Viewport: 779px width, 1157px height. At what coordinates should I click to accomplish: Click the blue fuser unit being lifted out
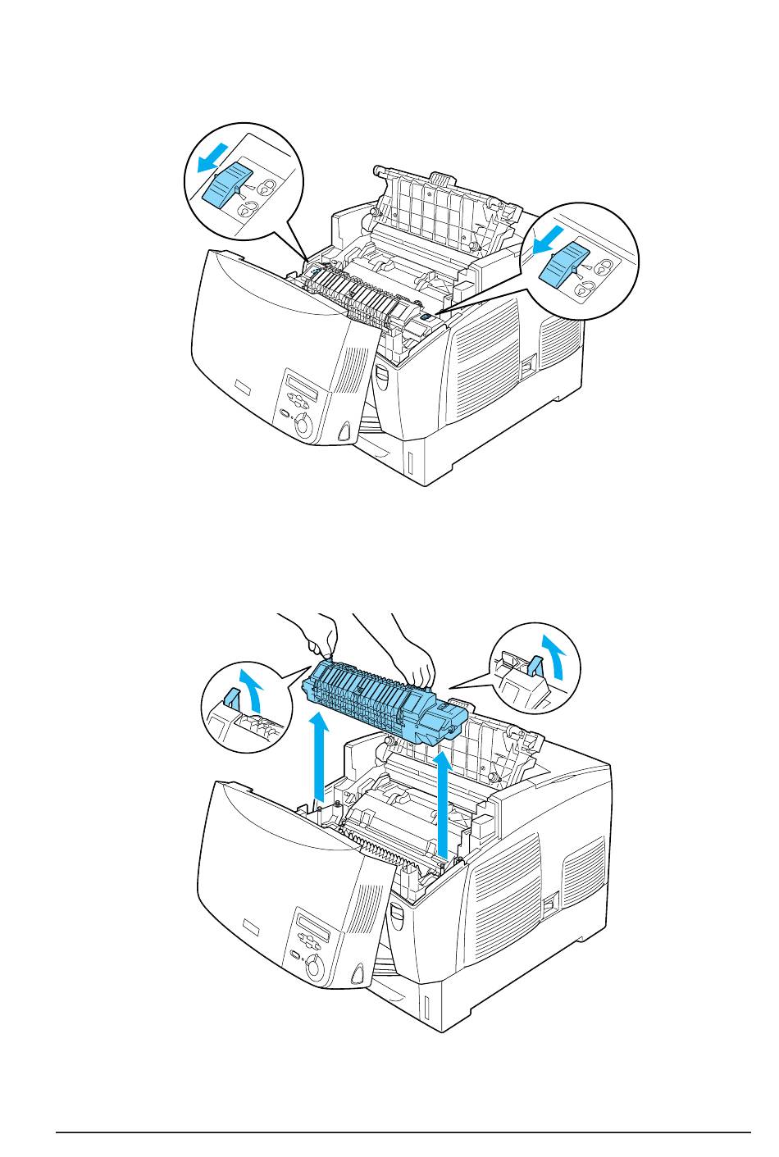pyautogui.click(x=385, y=701)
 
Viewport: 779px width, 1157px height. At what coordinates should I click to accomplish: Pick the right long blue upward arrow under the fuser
pyautogui.click(x=444, y=804)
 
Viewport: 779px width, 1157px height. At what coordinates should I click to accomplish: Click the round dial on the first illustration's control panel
pyautogui.click(x=303, y=424)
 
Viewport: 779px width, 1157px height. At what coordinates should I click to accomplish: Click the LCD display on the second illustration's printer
pyautogui.click(x=311, y=927)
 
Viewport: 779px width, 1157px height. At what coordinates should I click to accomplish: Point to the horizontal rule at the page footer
pyautogui.click(x=403, y=1133)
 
